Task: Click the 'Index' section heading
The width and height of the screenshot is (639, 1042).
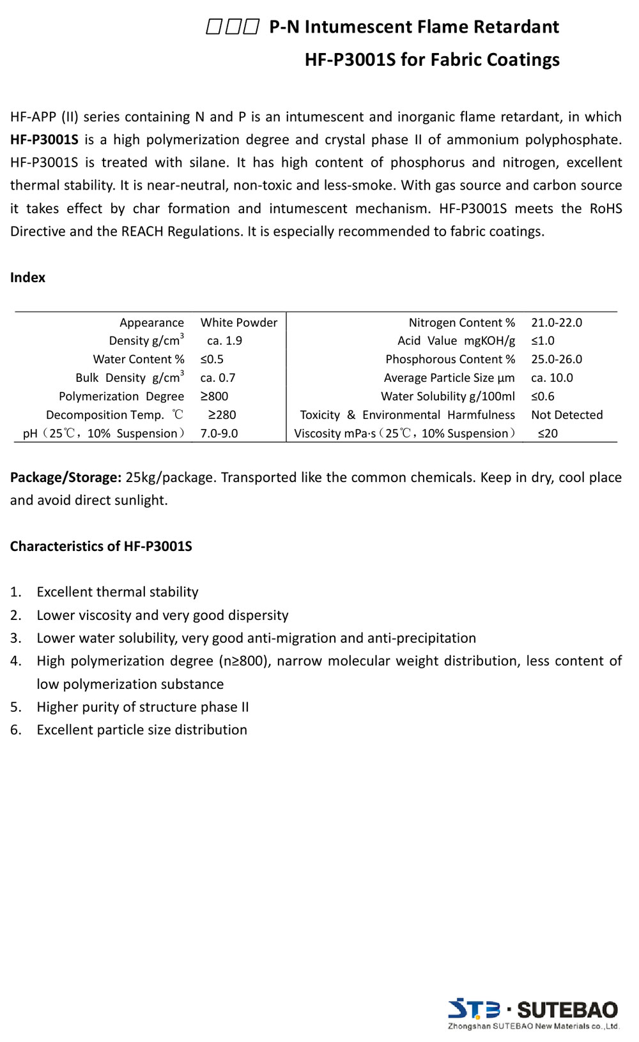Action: click(27, 278)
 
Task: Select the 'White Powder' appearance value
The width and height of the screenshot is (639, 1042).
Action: click(239, 323)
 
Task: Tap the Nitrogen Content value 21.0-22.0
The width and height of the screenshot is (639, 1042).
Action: click(557, 323)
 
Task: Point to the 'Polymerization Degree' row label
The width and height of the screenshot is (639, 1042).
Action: click(121, 396)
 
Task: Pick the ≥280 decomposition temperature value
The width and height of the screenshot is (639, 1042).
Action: click(222, 415)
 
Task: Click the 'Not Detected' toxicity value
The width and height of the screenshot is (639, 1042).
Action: click(567, 415)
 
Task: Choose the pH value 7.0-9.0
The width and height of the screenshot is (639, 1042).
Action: click(219, 434)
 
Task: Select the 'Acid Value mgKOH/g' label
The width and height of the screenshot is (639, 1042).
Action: click(456, 341)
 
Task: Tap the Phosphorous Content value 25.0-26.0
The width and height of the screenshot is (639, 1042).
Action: click(557, 359)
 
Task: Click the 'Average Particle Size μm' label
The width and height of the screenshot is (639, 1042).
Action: click(449, 378)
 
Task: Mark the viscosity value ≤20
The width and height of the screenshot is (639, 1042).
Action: click(548, 434)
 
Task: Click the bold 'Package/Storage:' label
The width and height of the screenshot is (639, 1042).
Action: click(66, 478)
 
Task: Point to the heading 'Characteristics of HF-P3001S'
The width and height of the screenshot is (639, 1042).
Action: click(101, 547)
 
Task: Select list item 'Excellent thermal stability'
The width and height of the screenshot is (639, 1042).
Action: click(118, 592)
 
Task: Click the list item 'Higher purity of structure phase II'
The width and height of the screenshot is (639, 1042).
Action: click(142, 707)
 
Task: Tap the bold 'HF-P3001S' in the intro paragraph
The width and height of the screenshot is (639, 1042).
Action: click(44, 140)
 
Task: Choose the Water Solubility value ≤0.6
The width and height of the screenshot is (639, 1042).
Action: click(543, 396)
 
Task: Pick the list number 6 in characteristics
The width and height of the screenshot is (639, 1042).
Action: click(15, 730)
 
